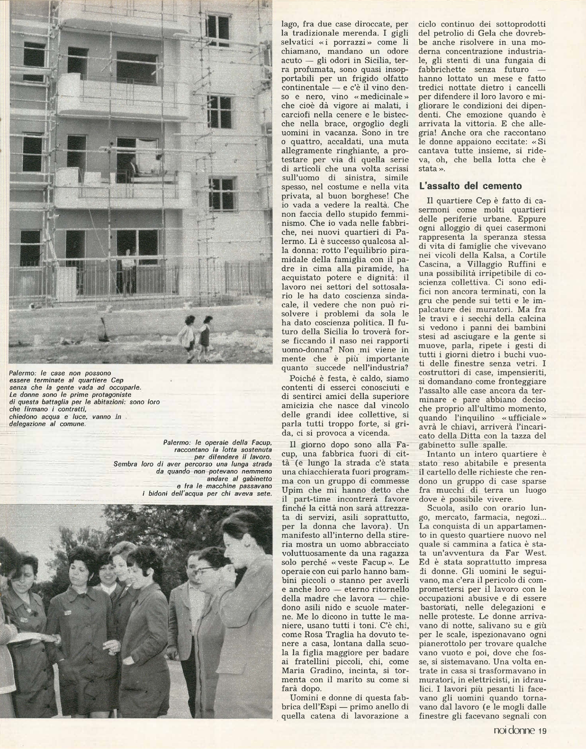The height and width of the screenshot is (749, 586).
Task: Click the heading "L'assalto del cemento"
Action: [471, 186]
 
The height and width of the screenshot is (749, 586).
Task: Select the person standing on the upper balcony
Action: [131, 165]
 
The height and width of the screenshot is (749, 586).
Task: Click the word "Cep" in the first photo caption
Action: [117, 380]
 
